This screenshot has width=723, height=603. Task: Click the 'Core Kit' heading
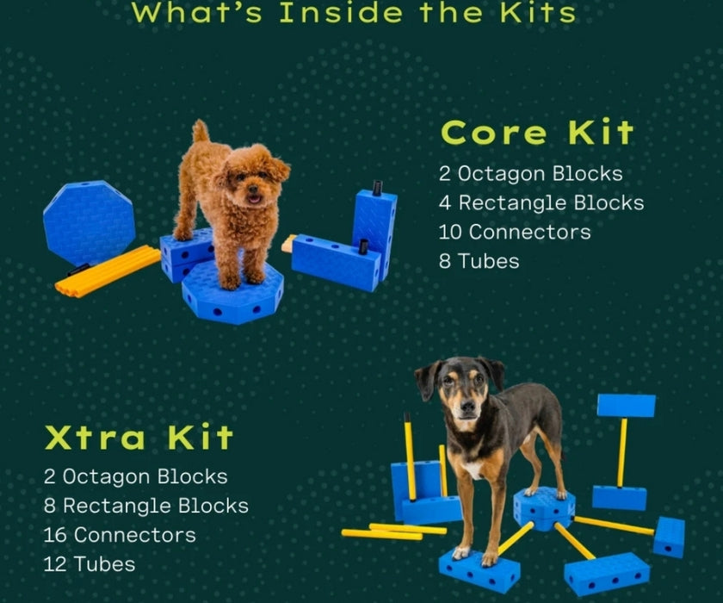pyautogui.click(x=537, y=133)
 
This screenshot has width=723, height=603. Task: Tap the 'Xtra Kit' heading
pyautogui.click(x=139, y=437)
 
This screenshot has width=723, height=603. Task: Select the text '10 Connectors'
pyautogui.click(x=515, y=232)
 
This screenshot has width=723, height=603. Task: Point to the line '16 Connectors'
pyautogui.click(x=120, y=535)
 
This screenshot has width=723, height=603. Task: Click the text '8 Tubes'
pyautogui.click(x=479, y=261)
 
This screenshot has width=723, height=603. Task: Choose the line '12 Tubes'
pyautogui.click(x=90, y=564)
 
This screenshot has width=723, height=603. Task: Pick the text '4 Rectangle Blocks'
pyautogui.click(x=541, y=203)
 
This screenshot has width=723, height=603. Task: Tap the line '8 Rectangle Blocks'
pyautogui.click(x=146, y=507)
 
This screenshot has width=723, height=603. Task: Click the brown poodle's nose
pyautogui.click(x=253, y=189)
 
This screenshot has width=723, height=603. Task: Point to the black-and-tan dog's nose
pyautogui.click(x=468, y=407)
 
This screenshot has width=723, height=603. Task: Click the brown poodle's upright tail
pyautogui.click(x=200, y=132)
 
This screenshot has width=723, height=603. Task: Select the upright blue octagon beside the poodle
pyautogui.click(x=89, y=222)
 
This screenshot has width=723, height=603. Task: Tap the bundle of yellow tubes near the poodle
pyautogui.click(x=108, y=271)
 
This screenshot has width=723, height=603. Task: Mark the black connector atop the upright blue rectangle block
pyautogui.click(x=377, y=188)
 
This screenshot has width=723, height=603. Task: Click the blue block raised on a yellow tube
pyautogui.click(x=627, y=406)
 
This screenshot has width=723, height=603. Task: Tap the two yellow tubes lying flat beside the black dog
pyautogui.click(x=394, y=532)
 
